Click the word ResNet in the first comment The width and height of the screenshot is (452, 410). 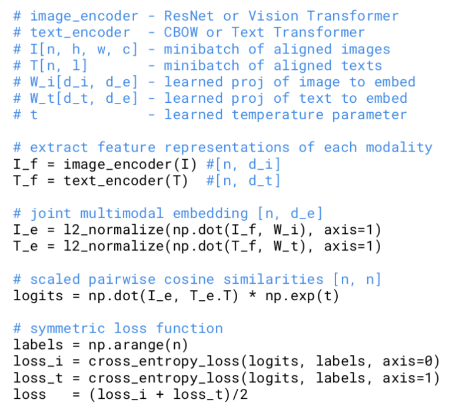[189, 16]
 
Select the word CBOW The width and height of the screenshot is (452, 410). [181, 32]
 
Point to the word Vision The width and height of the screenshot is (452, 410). [273, 16]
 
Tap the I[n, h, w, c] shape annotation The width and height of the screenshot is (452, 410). [75, 49]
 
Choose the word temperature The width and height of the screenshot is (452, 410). [277, 115]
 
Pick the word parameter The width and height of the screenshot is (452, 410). [369, 115]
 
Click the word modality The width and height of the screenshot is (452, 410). [398, 147]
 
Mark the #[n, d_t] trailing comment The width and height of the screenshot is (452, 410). [243, 180]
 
